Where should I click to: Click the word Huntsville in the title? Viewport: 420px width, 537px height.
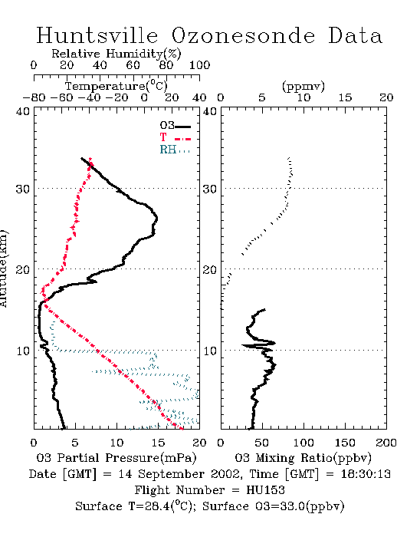click(97, 35)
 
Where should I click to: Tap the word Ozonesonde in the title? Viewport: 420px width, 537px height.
click(243, 35)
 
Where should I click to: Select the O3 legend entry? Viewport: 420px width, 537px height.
click(175, 126)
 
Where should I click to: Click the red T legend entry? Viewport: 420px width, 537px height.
click(175, 137)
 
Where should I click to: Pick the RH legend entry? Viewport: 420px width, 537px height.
click(175, 150)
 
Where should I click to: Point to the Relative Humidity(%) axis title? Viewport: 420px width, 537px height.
click(116, 54)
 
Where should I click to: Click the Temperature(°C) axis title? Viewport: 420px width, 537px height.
click(116, 86)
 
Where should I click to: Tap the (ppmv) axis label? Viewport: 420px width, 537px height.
click(304, 86)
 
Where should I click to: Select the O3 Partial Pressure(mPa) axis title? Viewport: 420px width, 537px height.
click(116, 458)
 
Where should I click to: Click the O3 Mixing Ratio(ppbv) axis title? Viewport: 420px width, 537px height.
click(303, 458)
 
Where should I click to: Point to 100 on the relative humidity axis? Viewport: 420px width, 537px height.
click(199, 64)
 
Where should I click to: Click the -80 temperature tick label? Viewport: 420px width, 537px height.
click(34, 97)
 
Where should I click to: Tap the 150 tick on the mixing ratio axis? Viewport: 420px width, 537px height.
click(345, 443)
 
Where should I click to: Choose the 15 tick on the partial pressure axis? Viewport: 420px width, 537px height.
click(158, 443)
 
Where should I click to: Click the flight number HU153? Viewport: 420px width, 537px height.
click(265, 490)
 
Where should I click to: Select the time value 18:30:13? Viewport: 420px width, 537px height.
click(366, 474)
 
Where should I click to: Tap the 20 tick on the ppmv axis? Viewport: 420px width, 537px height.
click(386, 97)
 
